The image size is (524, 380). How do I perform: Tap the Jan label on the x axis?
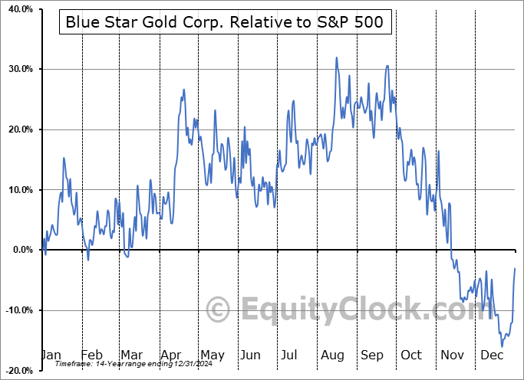tap(51, 355)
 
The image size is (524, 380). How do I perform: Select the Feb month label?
tap(91, 355)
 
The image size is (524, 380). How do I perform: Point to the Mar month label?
tap(130, 355)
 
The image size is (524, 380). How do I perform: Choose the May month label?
tap(212, 355)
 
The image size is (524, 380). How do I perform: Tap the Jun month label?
tap(252, 355)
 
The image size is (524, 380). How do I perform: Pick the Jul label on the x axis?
tap(291, 355)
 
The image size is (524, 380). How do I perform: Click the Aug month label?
tap(331, 355)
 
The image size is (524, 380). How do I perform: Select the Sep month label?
tap(372, 355)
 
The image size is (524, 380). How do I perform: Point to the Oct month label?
tap(412, 355)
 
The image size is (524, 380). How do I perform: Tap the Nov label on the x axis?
tap(453, 355)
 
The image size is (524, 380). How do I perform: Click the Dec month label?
tap(493, 355)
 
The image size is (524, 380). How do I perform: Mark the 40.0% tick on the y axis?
tap(18, 9)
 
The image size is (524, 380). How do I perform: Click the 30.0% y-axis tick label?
tap(18, 70)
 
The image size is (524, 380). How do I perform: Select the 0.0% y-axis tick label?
tap(21, 250)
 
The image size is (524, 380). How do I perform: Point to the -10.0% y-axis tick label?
tap(17, 310)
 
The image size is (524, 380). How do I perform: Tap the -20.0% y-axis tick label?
tap(17, 371)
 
